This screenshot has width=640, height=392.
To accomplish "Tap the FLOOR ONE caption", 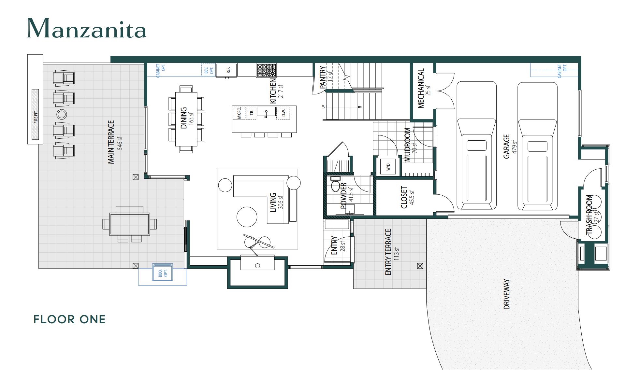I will pos(69,319).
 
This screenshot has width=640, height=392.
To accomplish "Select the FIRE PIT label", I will pos(36,116).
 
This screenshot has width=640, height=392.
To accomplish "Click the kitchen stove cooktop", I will pos(266,70).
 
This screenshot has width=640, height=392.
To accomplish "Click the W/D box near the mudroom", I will pos(388,167).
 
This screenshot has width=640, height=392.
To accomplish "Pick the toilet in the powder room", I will pos(335,185).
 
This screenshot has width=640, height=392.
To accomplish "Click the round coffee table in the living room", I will pos(247,217).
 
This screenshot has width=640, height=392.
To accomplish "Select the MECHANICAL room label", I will pos(423,88).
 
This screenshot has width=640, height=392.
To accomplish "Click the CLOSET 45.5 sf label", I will pos(407,197).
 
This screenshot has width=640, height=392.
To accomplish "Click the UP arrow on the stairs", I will pos(345,107).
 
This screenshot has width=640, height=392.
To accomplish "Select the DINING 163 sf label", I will pos(186,118).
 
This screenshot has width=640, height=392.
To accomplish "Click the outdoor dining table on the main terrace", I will pos(129,224).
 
